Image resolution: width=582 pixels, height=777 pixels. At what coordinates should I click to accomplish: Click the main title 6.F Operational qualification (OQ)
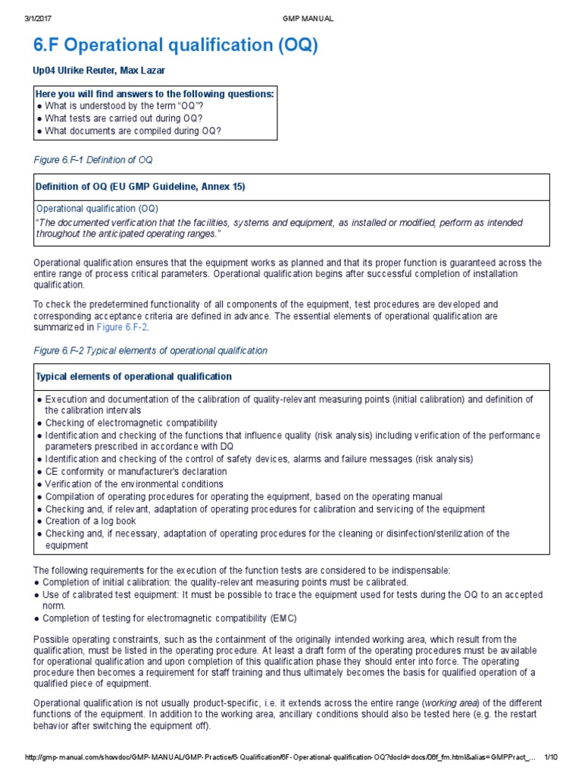(176, 46)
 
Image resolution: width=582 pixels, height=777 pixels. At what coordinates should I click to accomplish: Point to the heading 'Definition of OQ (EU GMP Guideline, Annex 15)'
(140, 187)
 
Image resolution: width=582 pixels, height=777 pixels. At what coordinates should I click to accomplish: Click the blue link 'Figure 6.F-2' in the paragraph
(122, 327)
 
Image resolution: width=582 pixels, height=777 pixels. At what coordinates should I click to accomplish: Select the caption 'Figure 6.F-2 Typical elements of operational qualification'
(151, 351)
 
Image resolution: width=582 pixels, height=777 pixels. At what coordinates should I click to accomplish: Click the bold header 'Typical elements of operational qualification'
(134, 376)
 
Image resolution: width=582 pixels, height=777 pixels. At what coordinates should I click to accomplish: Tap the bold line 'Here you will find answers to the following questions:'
(155, 93)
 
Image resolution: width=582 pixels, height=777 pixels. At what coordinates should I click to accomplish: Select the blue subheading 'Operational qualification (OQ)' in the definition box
(98, 208)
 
